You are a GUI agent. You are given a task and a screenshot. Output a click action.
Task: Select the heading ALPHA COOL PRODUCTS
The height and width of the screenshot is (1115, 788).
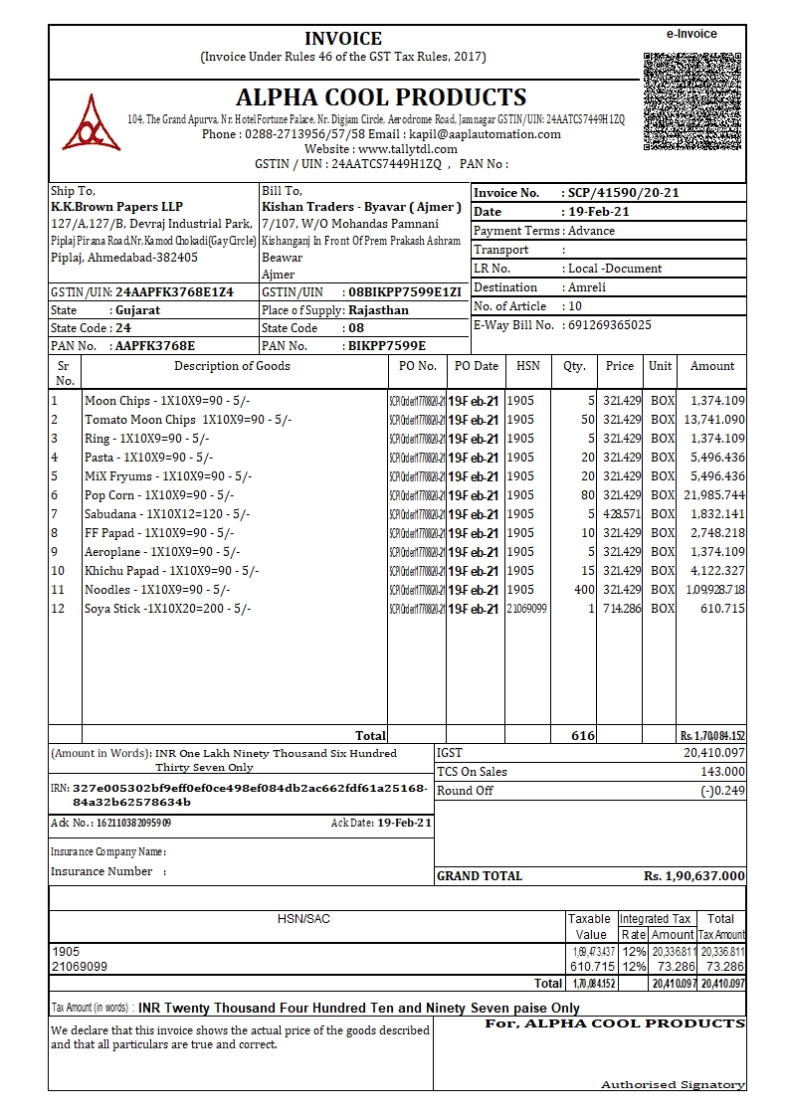coord(381,97)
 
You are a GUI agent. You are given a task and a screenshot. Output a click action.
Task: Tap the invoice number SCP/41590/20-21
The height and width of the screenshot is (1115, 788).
coord(622,193)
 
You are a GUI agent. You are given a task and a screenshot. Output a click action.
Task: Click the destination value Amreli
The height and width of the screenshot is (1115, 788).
coord(586,287)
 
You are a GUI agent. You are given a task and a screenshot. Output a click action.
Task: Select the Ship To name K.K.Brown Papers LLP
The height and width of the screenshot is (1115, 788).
coord(116,207)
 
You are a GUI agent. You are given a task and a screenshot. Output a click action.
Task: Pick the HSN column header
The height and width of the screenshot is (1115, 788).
coord(527,366)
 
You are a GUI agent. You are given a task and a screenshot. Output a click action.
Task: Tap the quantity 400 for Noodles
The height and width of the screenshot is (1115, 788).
coord(584,590)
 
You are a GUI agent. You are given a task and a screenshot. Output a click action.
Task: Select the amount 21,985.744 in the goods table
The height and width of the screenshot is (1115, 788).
coord(713,495)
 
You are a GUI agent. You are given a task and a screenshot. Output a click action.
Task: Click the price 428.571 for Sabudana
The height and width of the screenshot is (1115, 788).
coord(622,514)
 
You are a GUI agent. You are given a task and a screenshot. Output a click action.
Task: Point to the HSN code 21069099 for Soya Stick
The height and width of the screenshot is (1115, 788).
coord(527,609)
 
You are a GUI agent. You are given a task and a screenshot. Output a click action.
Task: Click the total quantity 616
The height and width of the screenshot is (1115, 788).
coord(582,736)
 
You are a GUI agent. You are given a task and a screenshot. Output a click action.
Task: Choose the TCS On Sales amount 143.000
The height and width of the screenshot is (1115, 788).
coord(721,772)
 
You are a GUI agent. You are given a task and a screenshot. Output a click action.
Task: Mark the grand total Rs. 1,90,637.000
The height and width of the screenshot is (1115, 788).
coord(693,876)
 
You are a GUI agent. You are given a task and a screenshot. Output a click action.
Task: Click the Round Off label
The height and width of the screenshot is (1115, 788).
coord(466,791)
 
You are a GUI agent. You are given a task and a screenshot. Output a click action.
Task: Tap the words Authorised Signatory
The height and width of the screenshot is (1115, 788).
coord(673,1084)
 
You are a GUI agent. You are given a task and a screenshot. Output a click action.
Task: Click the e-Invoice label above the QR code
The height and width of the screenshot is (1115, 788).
coord(691,34)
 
